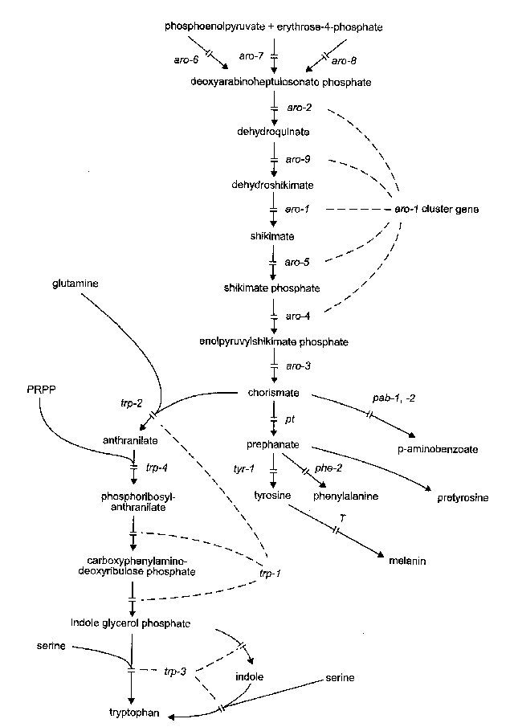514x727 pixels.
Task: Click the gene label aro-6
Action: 186,59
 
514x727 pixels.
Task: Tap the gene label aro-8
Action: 343,61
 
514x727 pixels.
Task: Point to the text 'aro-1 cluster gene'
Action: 436,210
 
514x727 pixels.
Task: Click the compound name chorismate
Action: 274,393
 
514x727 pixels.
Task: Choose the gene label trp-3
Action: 175,670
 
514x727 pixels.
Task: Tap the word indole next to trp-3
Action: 249,677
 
